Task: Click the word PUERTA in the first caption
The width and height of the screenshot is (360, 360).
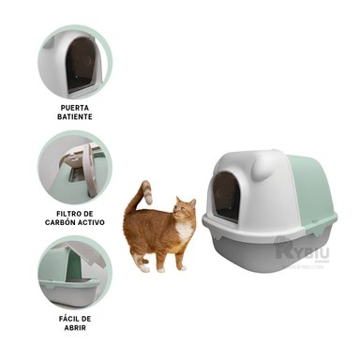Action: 74,108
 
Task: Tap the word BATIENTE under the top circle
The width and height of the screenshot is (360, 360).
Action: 74,118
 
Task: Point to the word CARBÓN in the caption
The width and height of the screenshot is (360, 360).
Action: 75,223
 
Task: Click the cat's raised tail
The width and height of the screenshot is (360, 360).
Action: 142,196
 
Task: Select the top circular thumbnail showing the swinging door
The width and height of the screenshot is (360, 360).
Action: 74,61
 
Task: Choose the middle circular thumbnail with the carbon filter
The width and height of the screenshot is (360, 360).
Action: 74,167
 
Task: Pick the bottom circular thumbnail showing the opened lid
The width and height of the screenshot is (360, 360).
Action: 74,272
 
